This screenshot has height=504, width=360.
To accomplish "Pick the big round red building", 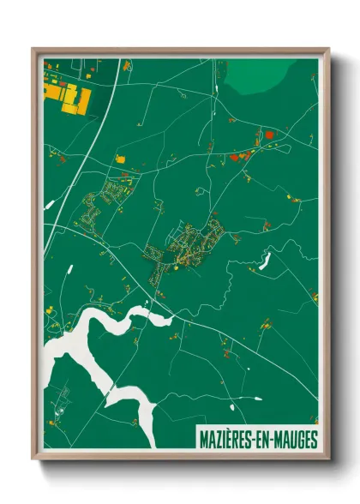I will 268,134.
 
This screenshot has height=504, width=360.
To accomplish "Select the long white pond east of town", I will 265,259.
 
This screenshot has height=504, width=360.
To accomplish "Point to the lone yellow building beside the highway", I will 120,159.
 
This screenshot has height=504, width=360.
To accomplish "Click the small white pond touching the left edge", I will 48,205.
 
